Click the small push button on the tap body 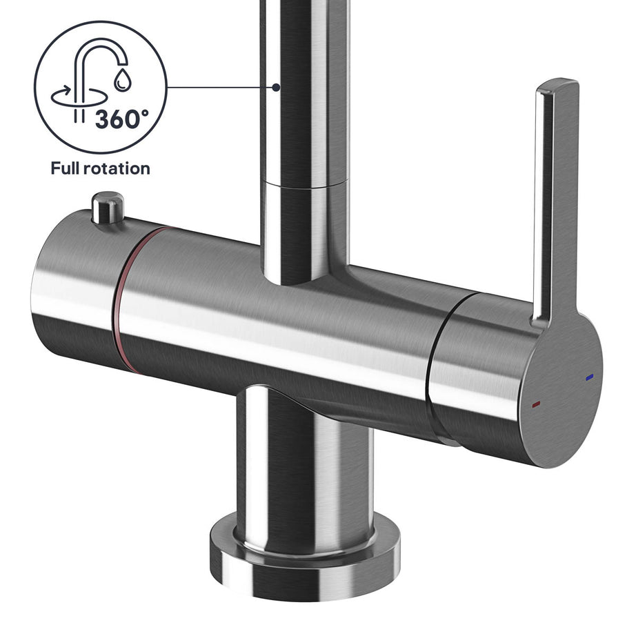(x=108, y=206)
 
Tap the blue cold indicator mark (x=588, y=378)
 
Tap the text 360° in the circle (x=121, y=119)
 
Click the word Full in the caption (x=68, y=168)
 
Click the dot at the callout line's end (x=276, y=88)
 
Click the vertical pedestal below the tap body (x=304, y=462)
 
